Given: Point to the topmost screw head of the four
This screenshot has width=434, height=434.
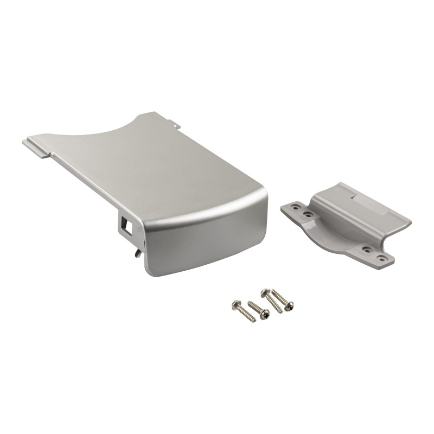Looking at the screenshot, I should [265, 293].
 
